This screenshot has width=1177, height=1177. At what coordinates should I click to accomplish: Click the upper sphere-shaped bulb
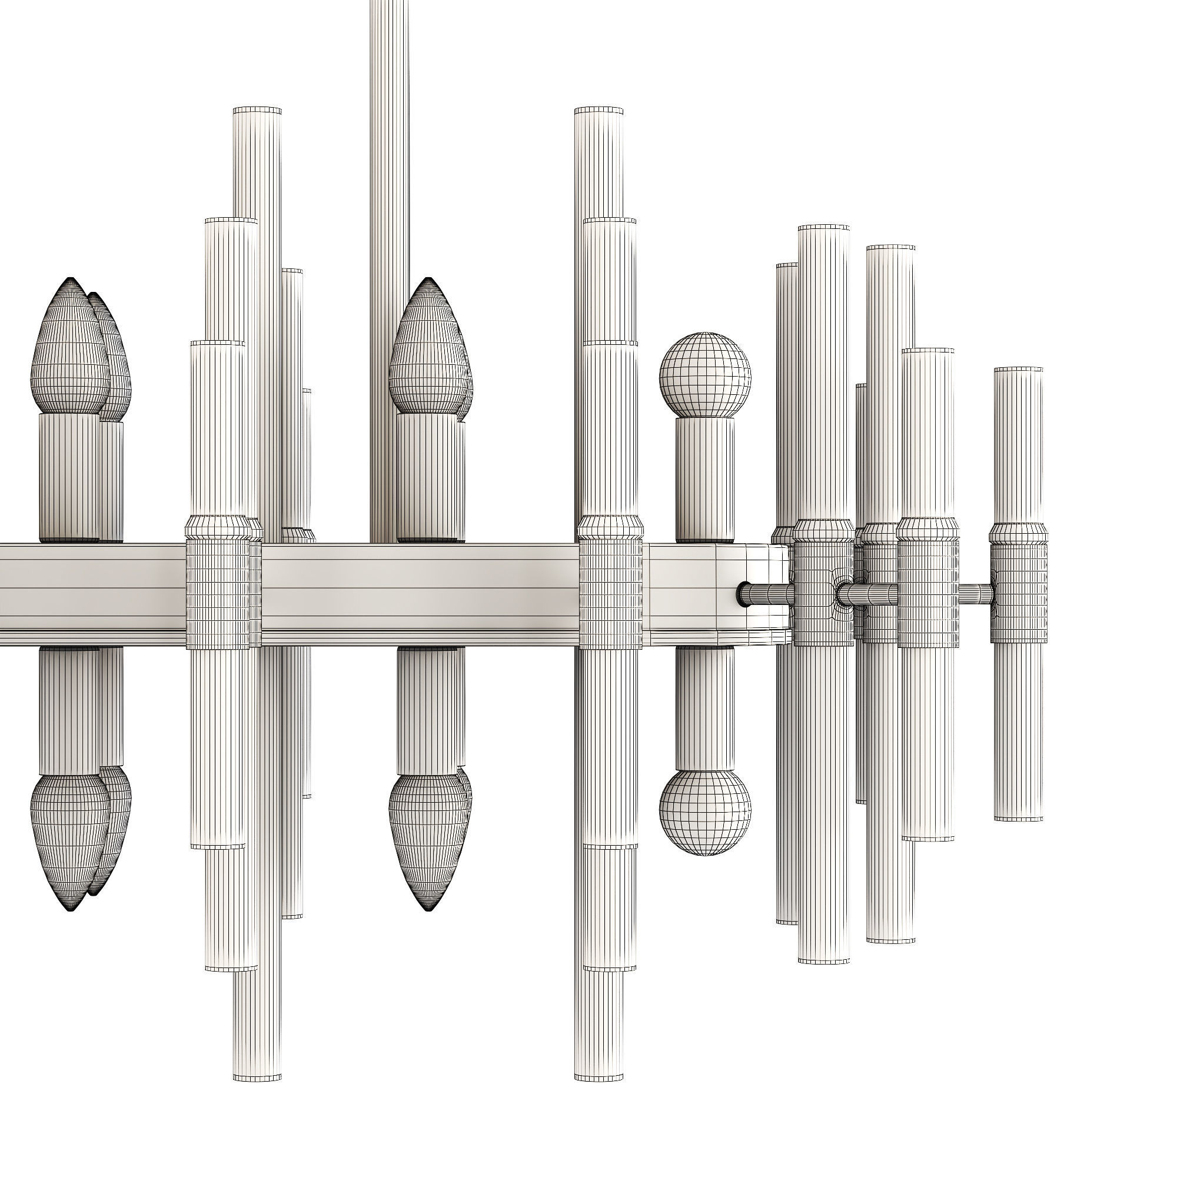(x=705, y=375)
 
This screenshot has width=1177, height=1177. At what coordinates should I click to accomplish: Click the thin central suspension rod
(x=385, y=244)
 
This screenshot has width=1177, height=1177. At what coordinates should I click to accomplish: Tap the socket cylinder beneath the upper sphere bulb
(x=705, y=478)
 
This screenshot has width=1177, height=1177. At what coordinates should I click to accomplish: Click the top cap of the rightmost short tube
(x=1018, y=370)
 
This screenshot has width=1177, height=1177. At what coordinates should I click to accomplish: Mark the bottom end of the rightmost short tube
(x=1018, y=818)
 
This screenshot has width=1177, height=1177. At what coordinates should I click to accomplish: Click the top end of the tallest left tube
(x=257, y=111)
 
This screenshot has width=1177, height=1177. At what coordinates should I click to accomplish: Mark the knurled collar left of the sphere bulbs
(x=610, y=594)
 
